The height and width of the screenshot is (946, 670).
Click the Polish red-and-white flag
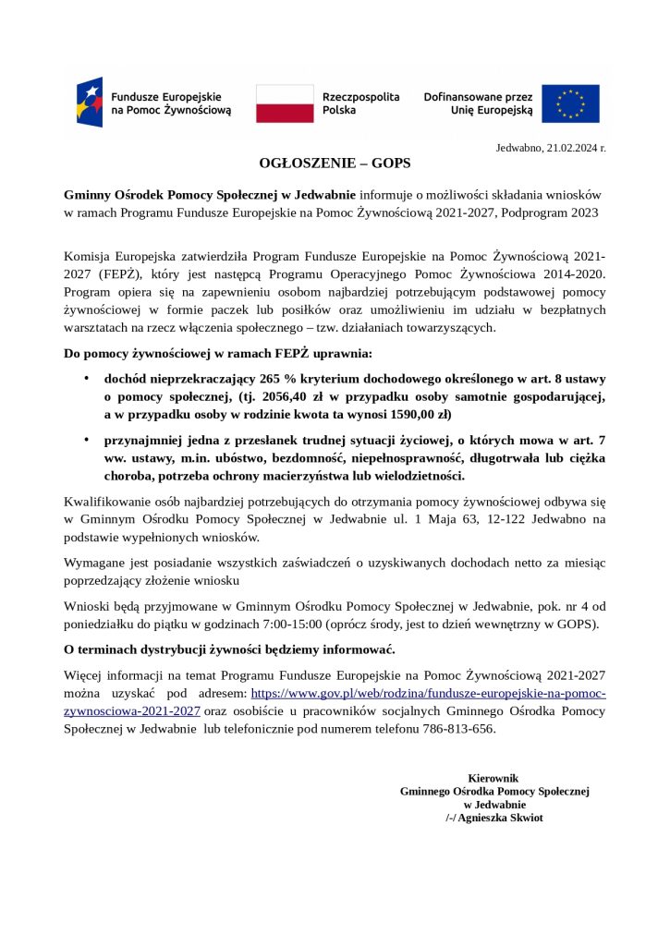tap(285, 103)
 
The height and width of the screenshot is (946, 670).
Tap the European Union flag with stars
tap(570, 103)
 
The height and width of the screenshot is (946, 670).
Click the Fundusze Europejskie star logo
tap(90, 103)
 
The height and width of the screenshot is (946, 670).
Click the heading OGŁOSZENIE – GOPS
tap(335, 164)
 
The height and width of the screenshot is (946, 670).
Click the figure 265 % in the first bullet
tap(277, 379)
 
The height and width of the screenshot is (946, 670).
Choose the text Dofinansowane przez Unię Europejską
tap(478, 103)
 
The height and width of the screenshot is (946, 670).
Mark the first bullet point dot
tap(86, 379)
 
